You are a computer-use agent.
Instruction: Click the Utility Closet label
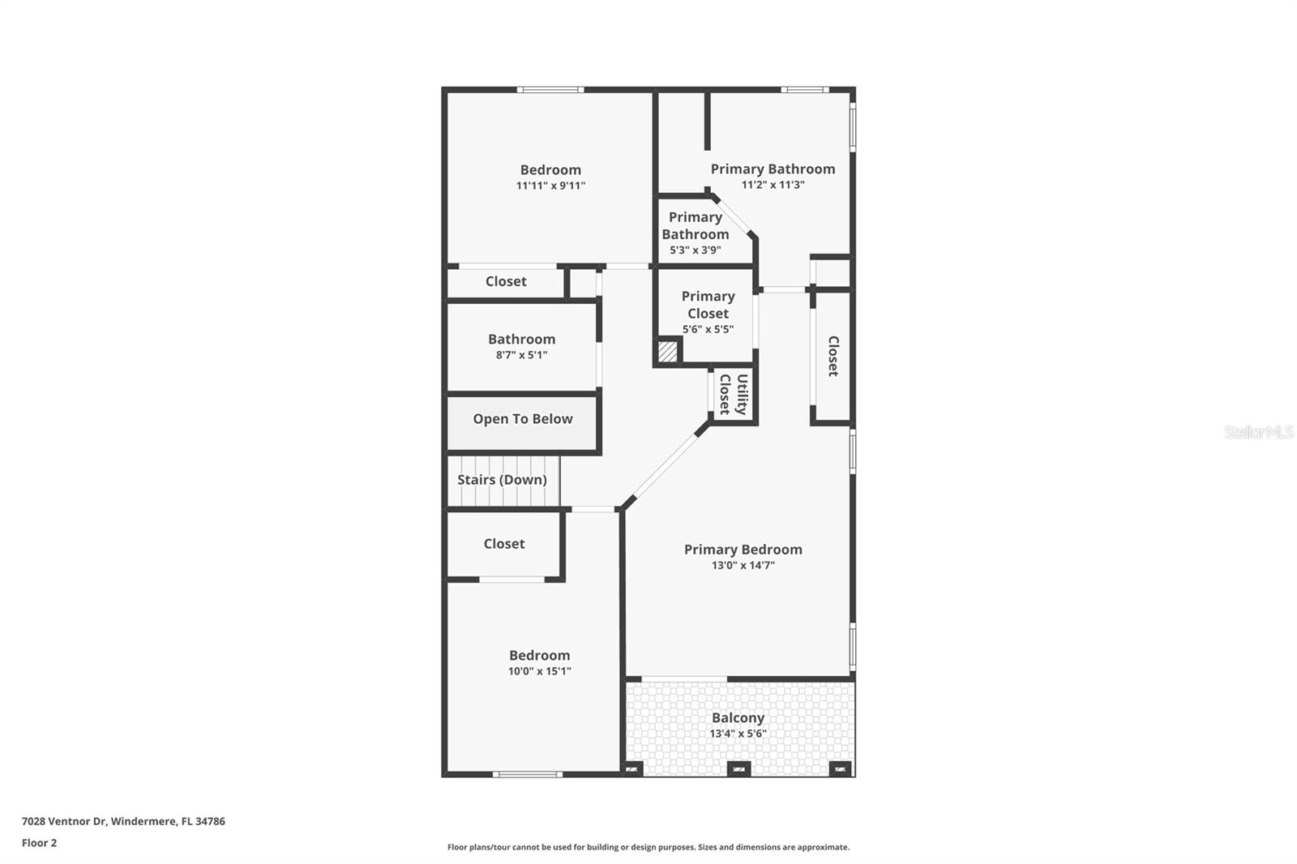[734, 394]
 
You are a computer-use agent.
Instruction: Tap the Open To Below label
[523, 419]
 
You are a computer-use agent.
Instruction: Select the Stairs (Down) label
[502, 480]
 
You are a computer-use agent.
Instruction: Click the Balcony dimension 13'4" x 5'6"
[738, 734]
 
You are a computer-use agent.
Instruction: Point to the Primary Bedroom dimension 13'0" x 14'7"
[743, 566]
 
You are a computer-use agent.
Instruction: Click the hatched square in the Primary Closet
[667, 352]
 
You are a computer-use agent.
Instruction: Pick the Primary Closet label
[708, 305]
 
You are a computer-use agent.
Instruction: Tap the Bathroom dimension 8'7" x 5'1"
[521, 355]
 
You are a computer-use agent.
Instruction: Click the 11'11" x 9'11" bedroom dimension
[550, 186]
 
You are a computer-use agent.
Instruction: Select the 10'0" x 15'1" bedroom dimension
[539, 671]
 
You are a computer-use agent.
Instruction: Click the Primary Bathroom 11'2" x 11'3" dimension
[773, 185]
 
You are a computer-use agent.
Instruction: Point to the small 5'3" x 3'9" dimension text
[695, 250]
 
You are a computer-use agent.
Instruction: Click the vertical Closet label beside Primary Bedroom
[833, 356]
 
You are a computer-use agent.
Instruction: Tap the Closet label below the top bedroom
[506, 281]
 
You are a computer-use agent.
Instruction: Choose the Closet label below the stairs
[504, 544]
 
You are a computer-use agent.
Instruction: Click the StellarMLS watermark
[1258, 432]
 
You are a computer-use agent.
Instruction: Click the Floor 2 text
[39, 843]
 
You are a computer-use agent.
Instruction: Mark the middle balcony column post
[738, 768]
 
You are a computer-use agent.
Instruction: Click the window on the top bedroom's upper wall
[550, 90]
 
